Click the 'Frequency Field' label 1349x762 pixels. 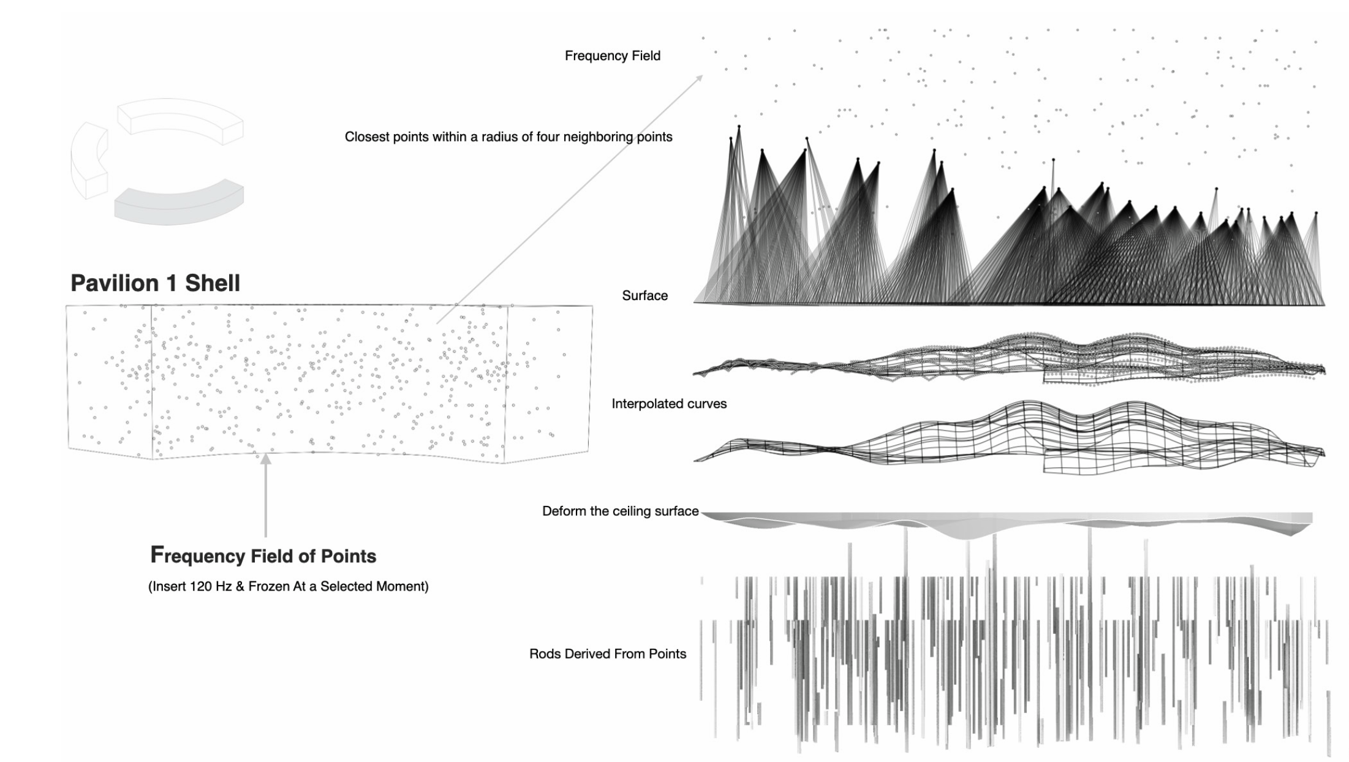tap(613, 56)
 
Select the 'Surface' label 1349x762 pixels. tap(644, 295)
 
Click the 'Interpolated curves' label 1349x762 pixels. tap(669, 404)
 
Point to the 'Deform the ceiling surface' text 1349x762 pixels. tap(620, 511)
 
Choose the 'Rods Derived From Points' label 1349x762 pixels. tap(608, 654)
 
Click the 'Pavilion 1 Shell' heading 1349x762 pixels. tap(156, 283)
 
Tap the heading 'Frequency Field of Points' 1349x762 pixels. tap(263, 555)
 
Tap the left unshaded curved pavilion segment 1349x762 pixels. tap(89, 160)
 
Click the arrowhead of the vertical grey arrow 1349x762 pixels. tap(265, 458)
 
